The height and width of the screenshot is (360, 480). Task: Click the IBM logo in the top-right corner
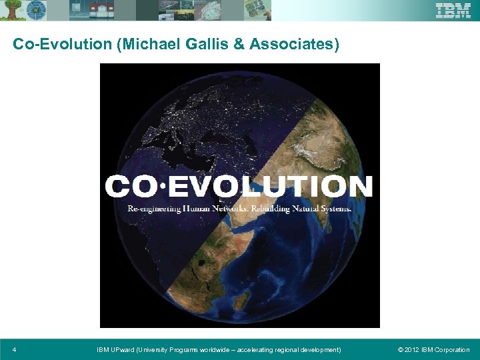[453, 10]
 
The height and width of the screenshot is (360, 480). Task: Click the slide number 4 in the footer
[15, 349]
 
